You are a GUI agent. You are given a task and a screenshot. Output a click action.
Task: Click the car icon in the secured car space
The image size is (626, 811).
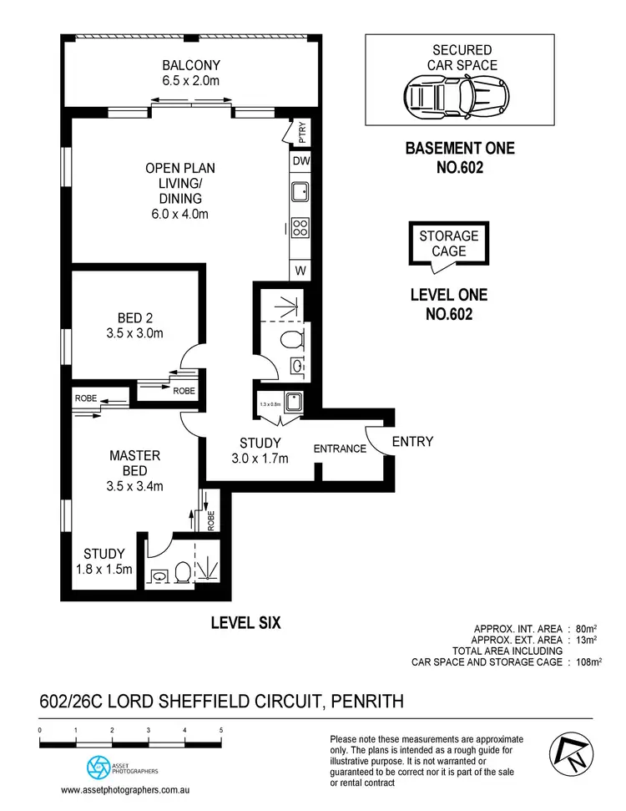click(x=458, y=99)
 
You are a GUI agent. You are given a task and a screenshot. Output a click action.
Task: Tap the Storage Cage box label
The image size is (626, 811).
click(x=449, y=243)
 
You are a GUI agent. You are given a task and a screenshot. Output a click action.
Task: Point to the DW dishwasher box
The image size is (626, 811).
click(x=301, y=161)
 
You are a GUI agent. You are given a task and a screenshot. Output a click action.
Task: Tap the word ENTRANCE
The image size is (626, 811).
click(x=340, y=449)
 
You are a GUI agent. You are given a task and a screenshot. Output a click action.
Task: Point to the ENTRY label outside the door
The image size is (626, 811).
click(x=412, y=441)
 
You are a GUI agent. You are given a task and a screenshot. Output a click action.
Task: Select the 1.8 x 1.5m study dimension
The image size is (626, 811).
click(x=104, y=570)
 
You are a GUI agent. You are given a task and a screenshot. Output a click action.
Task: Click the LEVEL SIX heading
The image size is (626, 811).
click(x=245, y=622)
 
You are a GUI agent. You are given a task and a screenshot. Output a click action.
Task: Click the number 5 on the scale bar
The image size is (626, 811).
click(x=220, y=730)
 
